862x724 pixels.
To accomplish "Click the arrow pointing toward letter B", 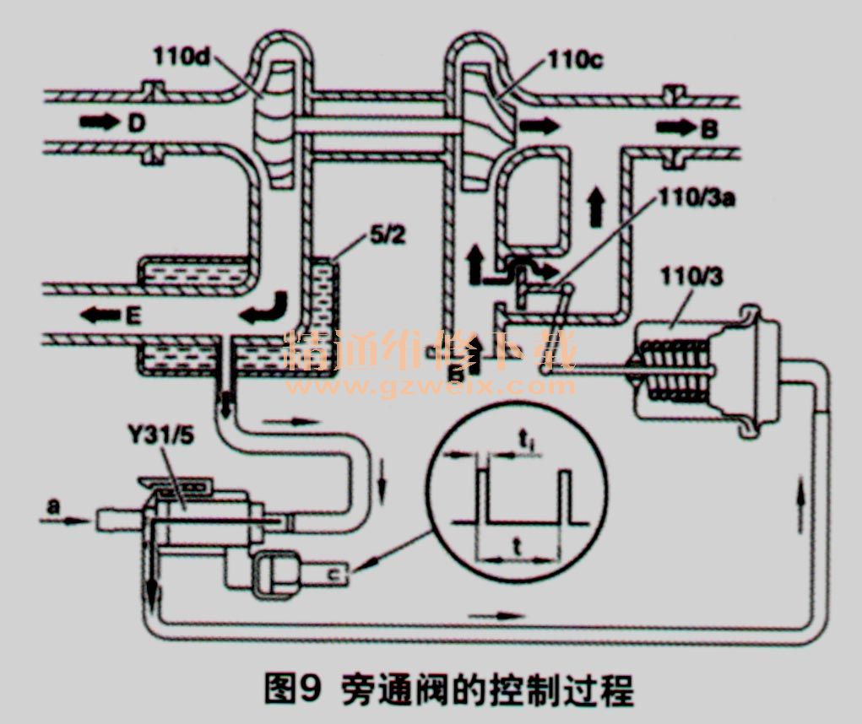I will pos(673,129).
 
